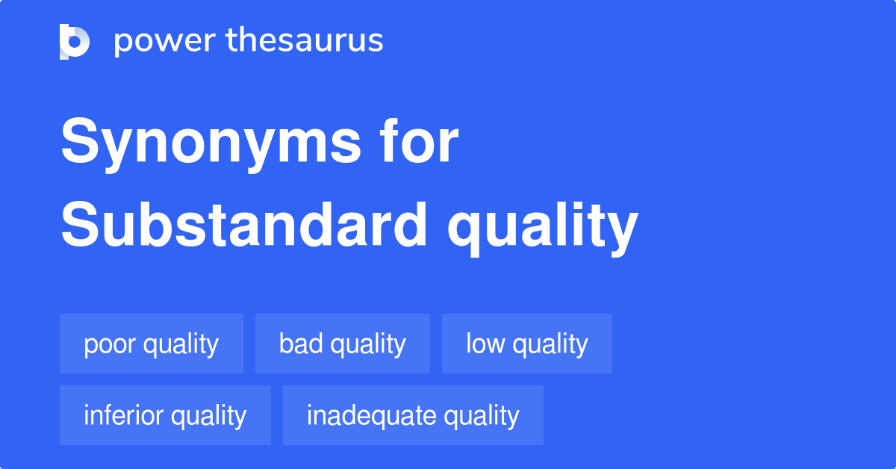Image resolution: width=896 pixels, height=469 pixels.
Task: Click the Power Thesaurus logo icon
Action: tap(75, 41)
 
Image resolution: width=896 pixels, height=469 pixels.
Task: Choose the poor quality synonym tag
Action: tap(152, 344)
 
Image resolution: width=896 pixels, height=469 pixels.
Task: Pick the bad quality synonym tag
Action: tap(343, 344)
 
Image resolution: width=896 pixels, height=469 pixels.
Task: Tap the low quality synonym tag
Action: tap(527, 344)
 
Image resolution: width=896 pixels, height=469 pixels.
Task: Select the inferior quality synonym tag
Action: tap(165, 415)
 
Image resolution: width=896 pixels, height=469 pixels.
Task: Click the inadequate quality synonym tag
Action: tap(413, 415)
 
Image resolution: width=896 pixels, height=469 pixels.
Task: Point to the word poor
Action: tap(110, 344)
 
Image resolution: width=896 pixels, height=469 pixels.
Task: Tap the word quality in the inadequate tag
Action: tap(478, 416)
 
